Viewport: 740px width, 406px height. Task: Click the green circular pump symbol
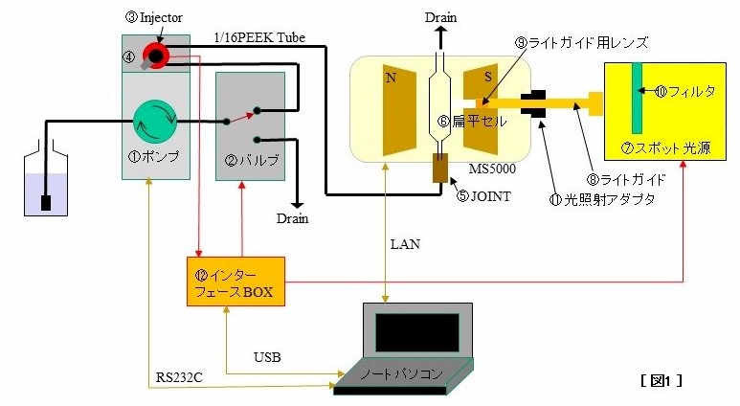point(155,122)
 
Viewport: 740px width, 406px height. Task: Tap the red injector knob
point(156,56)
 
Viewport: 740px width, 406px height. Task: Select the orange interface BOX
point(235,282)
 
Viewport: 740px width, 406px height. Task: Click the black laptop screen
point(417,332)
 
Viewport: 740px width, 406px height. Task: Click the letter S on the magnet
point(488,78)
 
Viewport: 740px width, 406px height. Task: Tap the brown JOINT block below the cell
point(440,169)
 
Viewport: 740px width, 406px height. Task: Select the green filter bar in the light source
point(638,99)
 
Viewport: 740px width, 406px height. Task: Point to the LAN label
point(405,244)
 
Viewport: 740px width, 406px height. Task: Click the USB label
point(267,357)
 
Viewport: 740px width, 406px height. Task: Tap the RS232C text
point(179,377)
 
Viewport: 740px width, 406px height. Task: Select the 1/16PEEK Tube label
point(259,37)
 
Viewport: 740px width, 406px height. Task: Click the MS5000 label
point(492,169)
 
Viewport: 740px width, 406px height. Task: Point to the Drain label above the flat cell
point(440,17)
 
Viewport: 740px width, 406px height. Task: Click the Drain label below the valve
point(293,218)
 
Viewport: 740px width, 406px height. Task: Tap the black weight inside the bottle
point(46,203)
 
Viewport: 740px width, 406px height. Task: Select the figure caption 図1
point(662,380)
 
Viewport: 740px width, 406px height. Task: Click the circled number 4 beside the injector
point(129,57)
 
